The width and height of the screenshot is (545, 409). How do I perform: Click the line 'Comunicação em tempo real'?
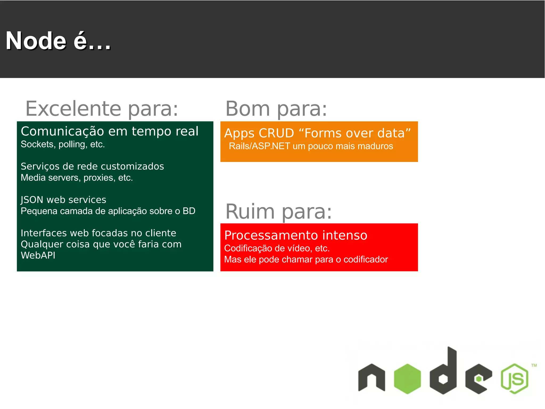(110, 131)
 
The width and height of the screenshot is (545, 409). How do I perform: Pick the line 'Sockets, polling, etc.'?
(63, 144)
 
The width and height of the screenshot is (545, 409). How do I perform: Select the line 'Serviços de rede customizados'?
(92, 166)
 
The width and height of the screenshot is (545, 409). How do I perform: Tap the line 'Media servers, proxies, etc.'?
(77, 177)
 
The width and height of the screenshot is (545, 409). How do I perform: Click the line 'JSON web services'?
(63, 200)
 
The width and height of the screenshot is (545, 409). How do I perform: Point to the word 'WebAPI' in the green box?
(38, 255)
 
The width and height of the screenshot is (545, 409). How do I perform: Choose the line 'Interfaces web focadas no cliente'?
(98, 233)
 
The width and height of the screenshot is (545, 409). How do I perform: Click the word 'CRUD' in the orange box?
(276, 133)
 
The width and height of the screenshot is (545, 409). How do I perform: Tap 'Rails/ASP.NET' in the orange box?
(259, 146)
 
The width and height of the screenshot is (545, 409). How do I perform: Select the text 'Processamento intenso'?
(296, 235)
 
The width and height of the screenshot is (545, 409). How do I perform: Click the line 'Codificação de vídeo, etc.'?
(277, 248)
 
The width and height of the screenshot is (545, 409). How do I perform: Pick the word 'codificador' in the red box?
(366, 259)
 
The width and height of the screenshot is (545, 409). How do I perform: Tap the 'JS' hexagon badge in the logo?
(514, 379)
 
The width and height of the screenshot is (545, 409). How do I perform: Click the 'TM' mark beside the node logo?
(534, 365)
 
